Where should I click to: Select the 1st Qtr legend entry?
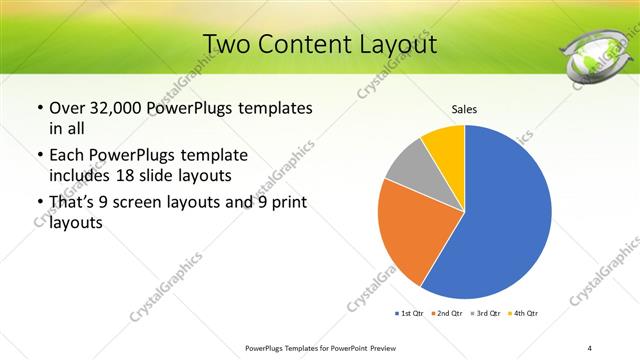pos(410,314)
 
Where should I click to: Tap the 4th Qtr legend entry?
pos(525,314)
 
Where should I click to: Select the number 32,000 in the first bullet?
pos(118,108)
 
